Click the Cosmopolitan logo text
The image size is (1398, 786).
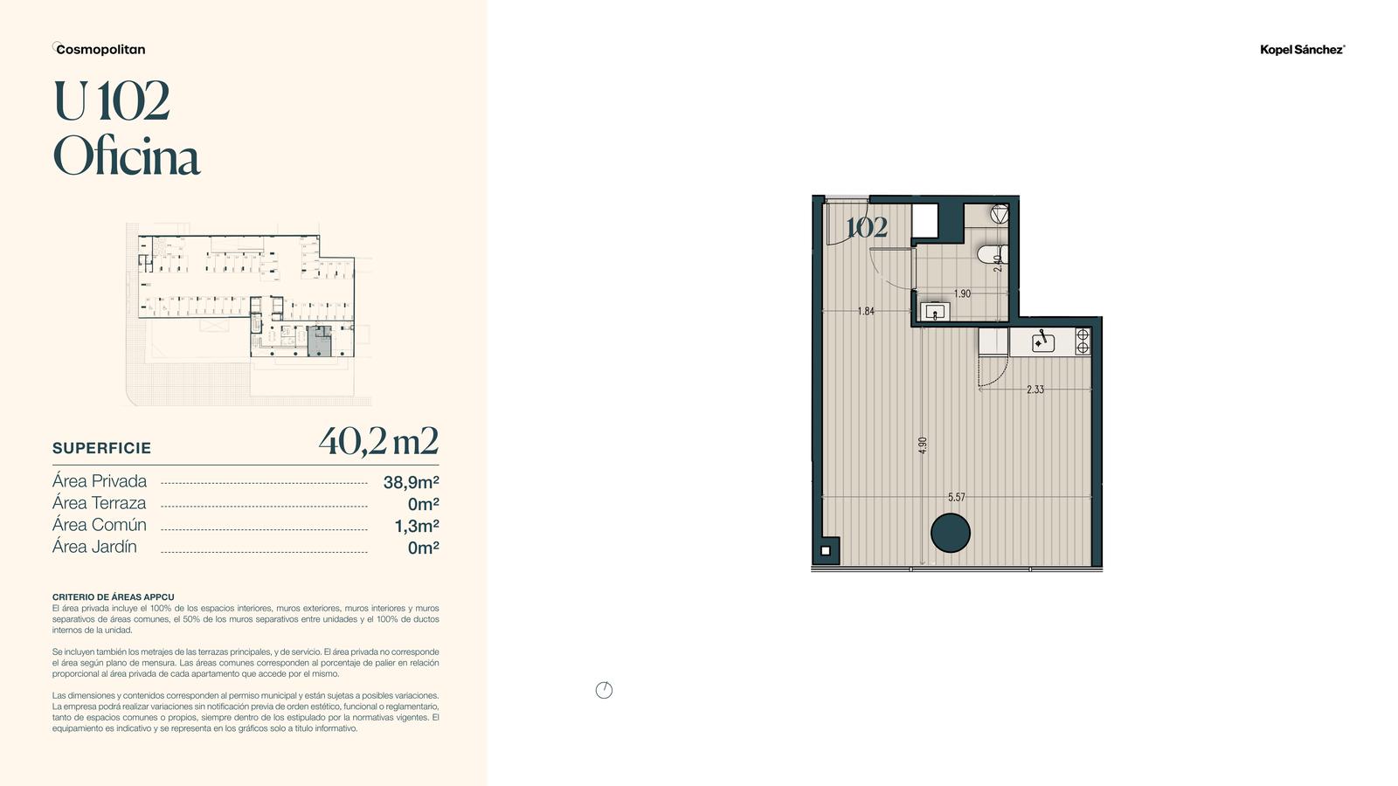click(x=100, y=49)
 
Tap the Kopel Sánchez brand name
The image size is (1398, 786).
click(x=1302, y=50)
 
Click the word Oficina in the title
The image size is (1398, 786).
click(x=127, y=155)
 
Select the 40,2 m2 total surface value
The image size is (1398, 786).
click(x=378, y=441)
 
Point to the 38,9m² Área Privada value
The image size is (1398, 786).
click(x=412, y=482)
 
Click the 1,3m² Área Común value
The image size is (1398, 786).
click(x=417, y=526)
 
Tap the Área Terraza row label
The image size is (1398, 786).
click(x=100, y=503)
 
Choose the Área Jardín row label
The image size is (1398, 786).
click(x=94, y=547)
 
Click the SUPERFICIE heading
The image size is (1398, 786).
click(x=101, y=448)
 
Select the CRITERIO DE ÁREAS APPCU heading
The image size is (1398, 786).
click(x=113, y=597)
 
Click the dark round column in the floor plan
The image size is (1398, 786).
click(x=950, y=533)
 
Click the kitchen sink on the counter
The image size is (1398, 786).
click(x=1043, y=342)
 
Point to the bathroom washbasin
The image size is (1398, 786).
click(x=935, y=312)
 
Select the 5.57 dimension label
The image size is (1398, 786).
click(x=956, y=497)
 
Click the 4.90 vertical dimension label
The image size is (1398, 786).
click(x=923, y=445)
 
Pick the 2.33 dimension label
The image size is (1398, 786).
click(x=1035, y=390)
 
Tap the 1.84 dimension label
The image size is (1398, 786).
click(x=866, y=311)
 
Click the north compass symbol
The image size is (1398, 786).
click(x=604, y=690)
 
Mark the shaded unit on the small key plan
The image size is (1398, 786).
click(x=320, y=341)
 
